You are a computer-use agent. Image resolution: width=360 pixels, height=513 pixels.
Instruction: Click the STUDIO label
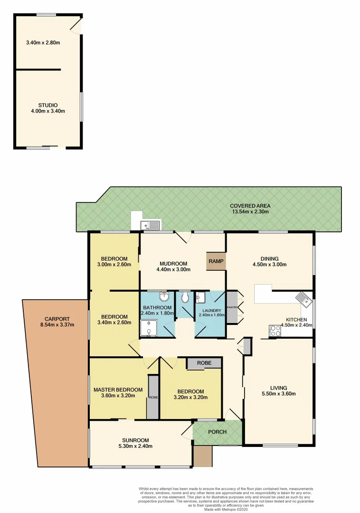point(48,105)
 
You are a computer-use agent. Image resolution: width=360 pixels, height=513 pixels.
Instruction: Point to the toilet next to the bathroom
point(185,297)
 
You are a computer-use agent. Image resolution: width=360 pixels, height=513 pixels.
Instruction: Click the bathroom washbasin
point(164,297)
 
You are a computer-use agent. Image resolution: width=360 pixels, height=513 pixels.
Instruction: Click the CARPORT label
point(57,319)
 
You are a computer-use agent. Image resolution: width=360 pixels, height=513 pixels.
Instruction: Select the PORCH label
point(217,432)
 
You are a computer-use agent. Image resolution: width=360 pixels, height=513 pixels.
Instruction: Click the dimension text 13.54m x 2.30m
point(250,212)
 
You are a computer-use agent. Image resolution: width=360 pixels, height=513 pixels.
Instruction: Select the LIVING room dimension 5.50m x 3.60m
point(278,393)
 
